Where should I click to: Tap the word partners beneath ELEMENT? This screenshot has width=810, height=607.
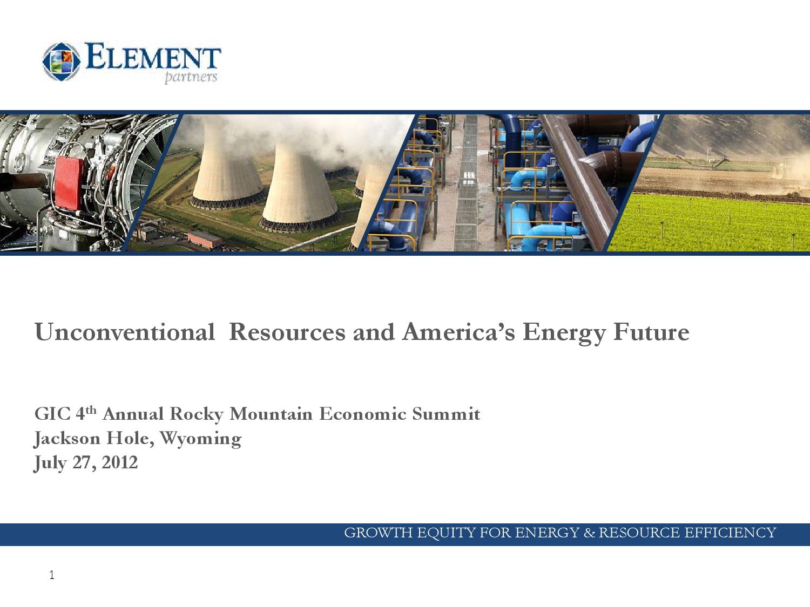click(190, 77)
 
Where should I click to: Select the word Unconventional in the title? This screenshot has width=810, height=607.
click(125, 332)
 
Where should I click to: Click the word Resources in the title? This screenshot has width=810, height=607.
click(287, 332)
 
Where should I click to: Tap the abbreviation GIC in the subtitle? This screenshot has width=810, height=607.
click(52, 414)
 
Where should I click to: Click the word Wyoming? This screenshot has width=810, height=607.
click(201, 439)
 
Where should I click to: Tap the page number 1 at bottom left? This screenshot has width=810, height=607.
click(52, 575)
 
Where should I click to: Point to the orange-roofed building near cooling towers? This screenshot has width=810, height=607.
click(204, 239)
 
